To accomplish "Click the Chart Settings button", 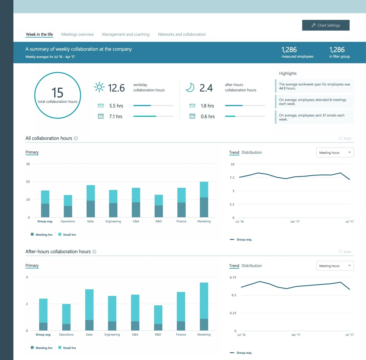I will (x=326, y=25).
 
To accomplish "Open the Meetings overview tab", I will (x=77, y=34).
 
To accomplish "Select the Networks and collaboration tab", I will (x=182, y=34).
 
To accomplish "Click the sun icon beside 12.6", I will (x=99, y=87).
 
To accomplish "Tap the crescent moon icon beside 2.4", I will (x=190, y=87).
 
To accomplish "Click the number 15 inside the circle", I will (x=57, y=93).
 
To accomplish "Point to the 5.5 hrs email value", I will (x=116, y=106).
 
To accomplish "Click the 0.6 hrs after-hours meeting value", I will (x=208, y=117).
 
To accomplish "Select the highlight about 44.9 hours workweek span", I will (x=314, y=86).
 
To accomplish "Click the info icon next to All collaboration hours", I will (x=76, y=138).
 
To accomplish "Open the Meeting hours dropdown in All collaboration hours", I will (x=335, y=153).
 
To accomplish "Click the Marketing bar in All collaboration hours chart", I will (x=204, y=199).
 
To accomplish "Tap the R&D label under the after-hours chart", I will (x=158, y=335).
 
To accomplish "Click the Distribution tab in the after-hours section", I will (x=252, y=266).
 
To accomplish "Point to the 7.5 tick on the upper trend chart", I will (x=232, y=178).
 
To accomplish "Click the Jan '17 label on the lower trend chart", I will (x=296, y=335).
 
